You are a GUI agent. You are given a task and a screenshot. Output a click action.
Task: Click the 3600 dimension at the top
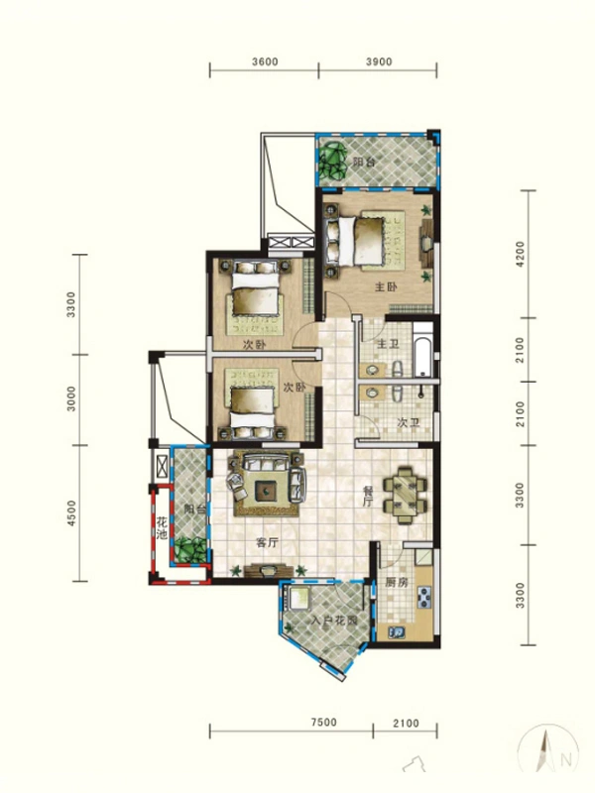(265, 61)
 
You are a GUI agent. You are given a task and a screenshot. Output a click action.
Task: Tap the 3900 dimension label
(379, 61)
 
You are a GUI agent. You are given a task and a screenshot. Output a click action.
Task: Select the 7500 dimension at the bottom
(324, 722)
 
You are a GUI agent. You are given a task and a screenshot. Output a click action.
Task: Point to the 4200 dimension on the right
(521, 254)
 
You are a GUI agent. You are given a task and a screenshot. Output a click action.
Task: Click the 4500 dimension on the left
(71, 512)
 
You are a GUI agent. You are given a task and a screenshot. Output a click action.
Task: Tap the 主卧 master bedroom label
(386, 287)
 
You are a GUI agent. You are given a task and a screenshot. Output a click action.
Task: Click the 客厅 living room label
(268, 543)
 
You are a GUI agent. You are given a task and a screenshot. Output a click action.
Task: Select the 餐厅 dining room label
(368, 497)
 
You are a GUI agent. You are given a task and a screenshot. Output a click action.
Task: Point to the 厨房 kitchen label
(397, 582)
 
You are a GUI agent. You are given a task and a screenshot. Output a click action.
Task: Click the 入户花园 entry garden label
(334, 621)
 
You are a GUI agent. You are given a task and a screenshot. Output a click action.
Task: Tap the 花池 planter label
(162, 527)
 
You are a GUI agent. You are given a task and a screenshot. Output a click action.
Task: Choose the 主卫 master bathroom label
(388, 344)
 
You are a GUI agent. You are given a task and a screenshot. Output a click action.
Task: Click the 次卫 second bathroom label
(409, 422)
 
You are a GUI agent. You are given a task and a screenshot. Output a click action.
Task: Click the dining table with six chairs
(405, 495)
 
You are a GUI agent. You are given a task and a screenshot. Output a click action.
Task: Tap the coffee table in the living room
(266, 489)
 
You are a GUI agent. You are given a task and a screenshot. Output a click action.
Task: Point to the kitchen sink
(396, 632)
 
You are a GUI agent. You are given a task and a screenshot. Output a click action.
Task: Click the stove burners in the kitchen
(423, 598)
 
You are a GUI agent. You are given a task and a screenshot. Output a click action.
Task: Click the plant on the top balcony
(332, 161)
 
